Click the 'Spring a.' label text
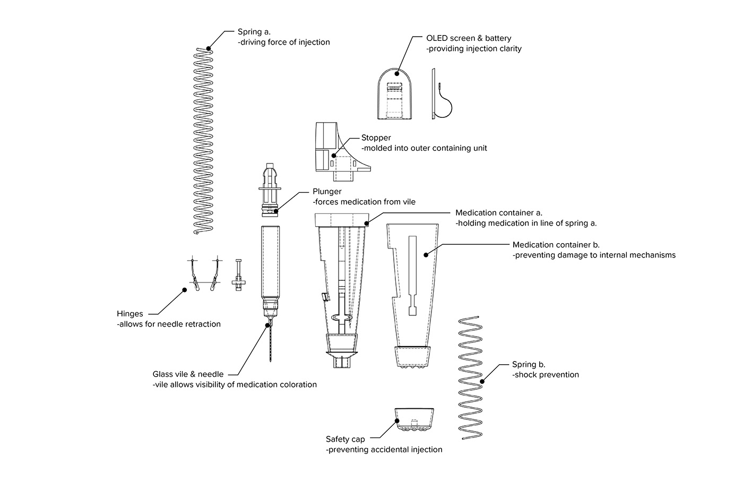point(254,32)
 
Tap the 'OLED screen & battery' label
point(469,38)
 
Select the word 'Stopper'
point(376,138)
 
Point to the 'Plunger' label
point(327,191)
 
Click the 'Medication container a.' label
point(499,212)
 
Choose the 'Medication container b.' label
point(556,245)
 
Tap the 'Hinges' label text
point(130,313)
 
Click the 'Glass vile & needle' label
point(188,374)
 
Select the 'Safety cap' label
point(345,439)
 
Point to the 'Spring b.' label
point(529,364)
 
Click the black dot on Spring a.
point(209,48)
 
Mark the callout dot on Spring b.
point(482,381)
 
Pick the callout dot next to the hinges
point(184,290)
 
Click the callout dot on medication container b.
point(426,255)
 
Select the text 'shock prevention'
point(546,375)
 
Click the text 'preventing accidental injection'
point(384,450)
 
